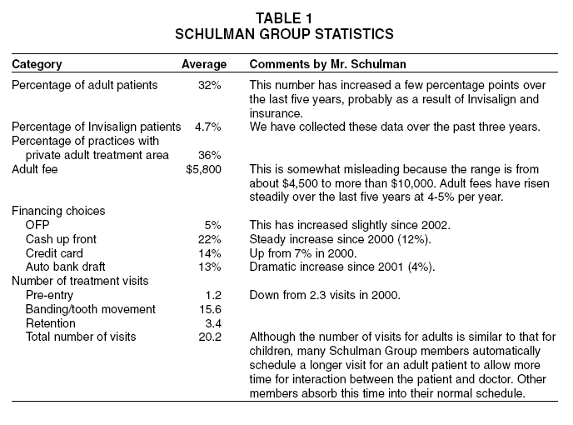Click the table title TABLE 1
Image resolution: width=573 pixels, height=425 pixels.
coord(284,18)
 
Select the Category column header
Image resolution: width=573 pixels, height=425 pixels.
coord(37,64)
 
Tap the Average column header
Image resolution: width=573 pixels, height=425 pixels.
coord(204,64)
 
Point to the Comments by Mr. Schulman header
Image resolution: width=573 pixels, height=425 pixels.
coord(328,64)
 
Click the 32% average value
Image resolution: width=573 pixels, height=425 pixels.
coord(210,85)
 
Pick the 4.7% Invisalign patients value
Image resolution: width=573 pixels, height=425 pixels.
coord(208,127)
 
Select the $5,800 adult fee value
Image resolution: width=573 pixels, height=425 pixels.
coord(203,169)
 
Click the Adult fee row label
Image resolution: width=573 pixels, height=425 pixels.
coord(35,169)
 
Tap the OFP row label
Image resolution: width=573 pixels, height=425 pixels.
coord(37,225)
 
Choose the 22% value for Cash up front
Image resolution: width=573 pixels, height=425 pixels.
coord(210,239)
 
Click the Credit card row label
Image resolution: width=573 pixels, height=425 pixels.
coord(54,253)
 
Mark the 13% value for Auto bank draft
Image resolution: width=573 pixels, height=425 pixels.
coord(210,267)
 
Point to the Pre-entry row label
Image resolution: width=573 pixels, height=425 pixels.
coord(49,295)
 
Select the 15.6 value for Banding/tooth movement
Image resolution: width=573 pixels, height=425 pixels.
coord(211,309)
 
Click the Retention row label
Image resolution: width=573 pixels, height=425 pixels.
coord(51,323)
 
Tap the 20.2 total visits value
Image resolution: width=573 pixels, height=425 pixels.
coord(210,337)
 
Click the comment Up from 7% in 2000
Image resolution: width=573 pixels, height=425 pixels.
coord(303,253)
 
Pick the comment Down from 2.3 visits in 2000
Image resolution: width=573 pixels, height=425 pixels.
coord(325,295)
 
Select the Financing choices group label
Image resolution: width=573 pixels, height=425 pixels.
coord(58,211)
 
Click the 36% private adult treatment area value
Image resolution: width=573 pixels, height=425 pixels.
coord(210,155)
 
